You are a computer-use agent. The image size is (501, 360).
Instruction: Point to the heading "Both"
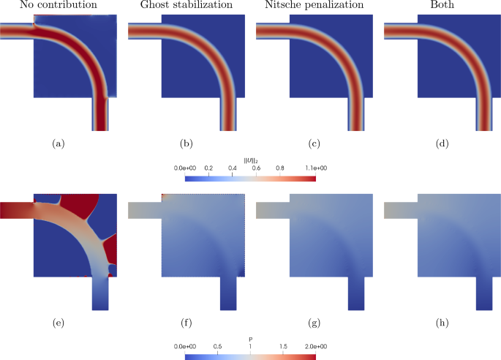coord(441,6)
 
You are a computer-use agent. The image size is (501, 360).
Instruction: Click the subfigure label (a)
coord(57,144)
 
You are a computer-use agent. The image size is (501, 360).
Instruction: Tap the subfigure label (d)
coord(441,144)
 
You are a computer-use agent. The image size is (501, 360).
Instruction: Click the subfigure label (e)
coord(57,323)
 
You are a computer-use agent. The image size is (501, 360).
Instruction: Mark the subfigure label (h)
coord(441,323)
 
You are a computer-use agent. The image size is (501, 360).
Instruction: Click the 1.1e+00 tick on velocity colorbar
coord(316,168)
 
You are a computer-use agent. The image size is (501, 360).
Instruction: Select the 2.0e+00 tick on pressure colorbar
coord(316,346)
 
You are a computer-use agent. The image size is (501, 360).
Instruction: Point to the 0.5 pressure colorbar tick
coord(218,346)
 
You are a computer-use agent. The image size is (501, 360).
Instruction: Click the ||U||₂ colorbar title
coord(251,160)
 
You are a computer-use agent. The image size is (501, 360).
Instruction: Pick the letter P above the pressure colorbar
coord(251,338)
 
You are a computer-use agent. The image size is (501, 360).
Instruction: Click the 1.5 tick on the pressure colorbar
coord(284,346)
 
